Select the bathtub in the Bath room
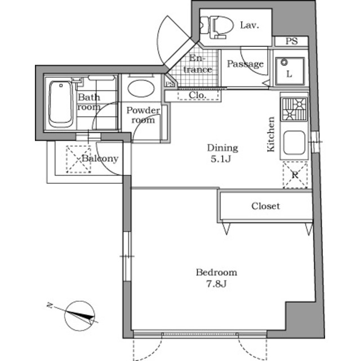[x=60, y=104]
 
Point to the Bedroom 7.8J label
[x=216, y=277]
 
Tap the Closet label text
[x=265, y=206]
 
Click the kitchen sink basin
[x=294, y=143]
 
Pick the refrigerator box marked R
[x=295, y=175]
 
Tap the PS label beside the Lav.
[x=291, y=41]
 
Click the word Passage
[x=245, y=64]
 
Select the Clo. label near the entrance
[x=197, y=95]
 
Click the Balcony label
[x=99, y=159]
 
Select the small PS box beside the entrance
[x=169, y=84]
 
